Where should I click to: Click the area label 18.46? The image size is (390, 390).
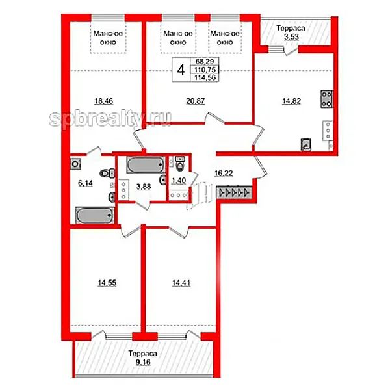pyautogui.click(x=104, y=101)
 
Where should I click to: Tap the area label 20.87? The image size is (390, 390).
pyautogui.click(x=196, y=101)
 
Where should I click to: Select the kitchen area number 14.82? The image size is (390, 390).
pyautogui.click(x=291, y=101)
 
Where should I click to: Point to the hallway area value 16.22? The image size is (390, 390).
pyautogui.click(x=224, y=173)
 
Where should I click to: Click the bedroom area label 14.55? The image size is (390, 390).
pyautogui.click(x=107, y=283)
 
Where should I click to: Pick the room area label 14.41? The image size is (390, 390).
pyautogui.click(x=181, y=283)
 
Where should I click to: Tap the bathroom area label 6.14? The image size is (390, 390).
pyautogui.click(x=85, y=183)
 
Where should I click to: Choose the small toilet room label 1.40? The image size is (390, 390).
pyautogui.click(x=179, y=181)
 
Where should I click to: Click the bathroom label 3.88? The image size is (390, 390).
pyautogui.click(x=144, y=187)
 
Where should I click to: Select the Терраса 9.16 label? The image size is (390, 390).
pyautogui.click(x=143, y=357)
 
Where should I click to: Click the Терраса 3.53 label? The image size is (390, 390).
pyautogui.click(x=291, y=32)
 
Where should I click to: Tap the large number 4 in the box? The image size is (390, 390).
pyautogui.click(x=181, y=70)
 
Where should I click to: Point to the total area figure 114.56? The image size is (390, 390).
pyautogui.click(x=205, y=77)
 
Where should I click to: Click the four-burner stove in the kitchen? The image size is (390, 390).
pyautogui.click(x=327, y=99)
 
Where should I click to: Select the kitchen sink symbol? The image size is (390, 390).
pyautogui.click(x=306, y=144)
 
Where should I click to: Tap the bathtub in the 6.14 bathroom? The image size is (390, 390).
pyautogui.click(x=95, y=215)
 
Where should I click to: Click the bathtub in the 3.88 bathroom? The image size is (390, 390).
pyautogui.click(x=146, y=164)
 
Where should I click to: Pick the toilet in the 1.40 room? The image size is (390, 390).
pyautogui.click(x=179, y=164)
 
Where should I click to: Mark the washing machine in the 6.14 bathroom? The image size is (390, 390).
pyautogui.click(x=75, y=164)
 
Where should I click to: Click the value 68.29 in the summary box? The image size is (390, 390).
pyautogui.click(x=205, y=61)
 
